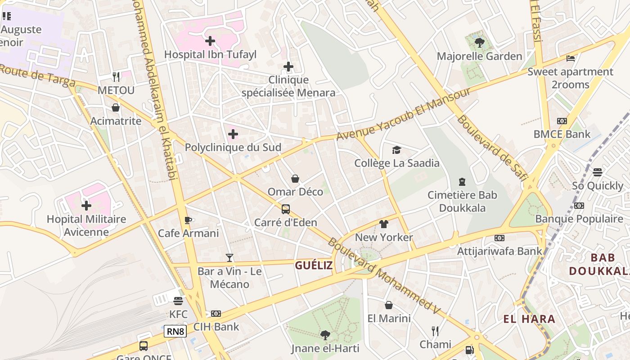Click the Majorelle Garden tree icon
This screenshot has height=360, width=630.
(x=479, y=43)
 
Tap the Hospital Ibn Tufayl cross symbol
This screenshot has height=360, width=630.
(x=210, y=41)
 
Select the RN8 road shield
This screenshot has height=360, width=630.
(x=175, y=332)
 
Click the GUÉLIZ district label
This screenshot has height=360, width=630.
(x=314, y=265)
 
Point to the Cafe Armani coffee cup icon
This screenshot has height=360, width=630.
(x=188, y=220)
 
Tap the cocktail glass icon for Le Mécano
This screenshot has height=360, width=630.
(x=229, y=258)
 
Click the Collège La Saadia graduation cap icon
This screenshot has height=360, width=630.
(x=396, y=150)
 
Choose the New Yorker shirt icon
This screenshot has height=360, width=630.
(x=383, y=224)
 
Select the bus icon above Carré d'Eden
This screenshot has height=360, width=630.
(x=286, y=209)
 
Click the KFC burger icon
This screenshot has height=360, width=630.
(x=178, y=301)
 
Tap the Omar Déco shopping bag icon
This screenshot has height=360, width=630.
(x=295, y=179)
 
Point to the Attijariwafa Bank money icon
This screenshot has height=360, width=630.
(x=499, y=238)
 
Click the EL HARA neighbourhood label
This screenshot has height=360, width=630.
(x=529, y=319)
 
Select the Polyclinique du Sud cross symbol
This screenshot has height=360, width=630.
(x=233, y=134)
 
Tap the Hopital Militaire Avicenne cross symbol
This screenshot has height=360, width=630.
(x=86, y=206)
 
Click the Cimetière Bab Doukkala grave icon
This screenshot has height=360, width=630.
(x=462, y=182)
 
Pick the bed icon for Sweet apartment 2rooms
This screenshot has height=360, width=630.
(x=571, y=58)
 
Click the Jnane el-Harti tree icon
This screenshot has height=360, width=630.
(x=325, y=335)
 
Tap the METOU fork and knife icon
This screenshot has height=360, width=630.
(x=116, y=77)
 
